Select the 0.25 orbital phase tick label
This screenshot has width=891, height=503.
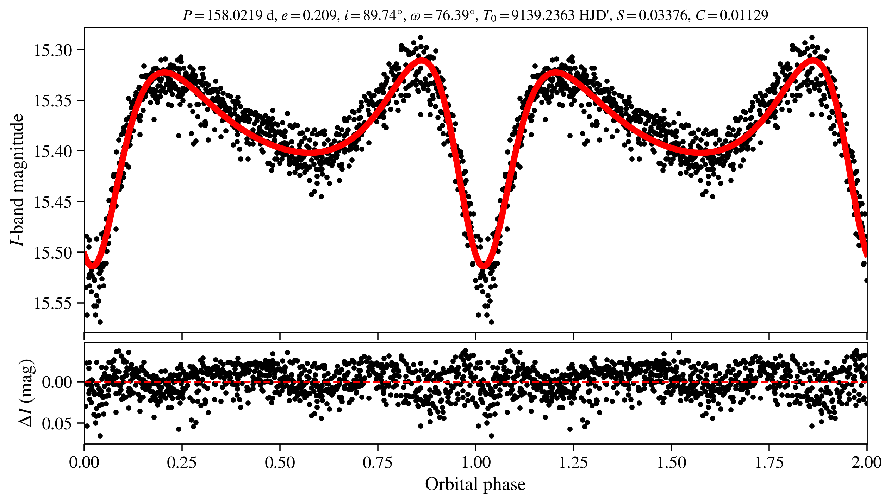(182, 463)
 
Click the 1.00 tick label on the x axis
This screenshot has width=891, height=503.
(476, 463)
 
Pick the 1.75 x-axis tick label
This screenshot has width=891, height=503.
(769, 463)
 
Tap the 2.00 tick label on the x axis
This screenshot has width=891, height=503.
(866, 463)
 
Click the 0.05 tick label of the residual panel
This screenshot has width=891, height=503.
(57, 423)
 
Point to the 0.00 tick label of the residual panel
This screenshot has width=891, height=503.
(57, 382)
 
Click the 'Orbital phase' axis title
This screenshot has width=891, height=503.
(475, 484)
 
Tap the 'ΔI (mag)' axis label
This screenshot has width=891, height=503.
(27, 393)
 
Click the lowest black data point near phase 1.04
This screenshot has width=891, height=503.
(491, 322)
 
